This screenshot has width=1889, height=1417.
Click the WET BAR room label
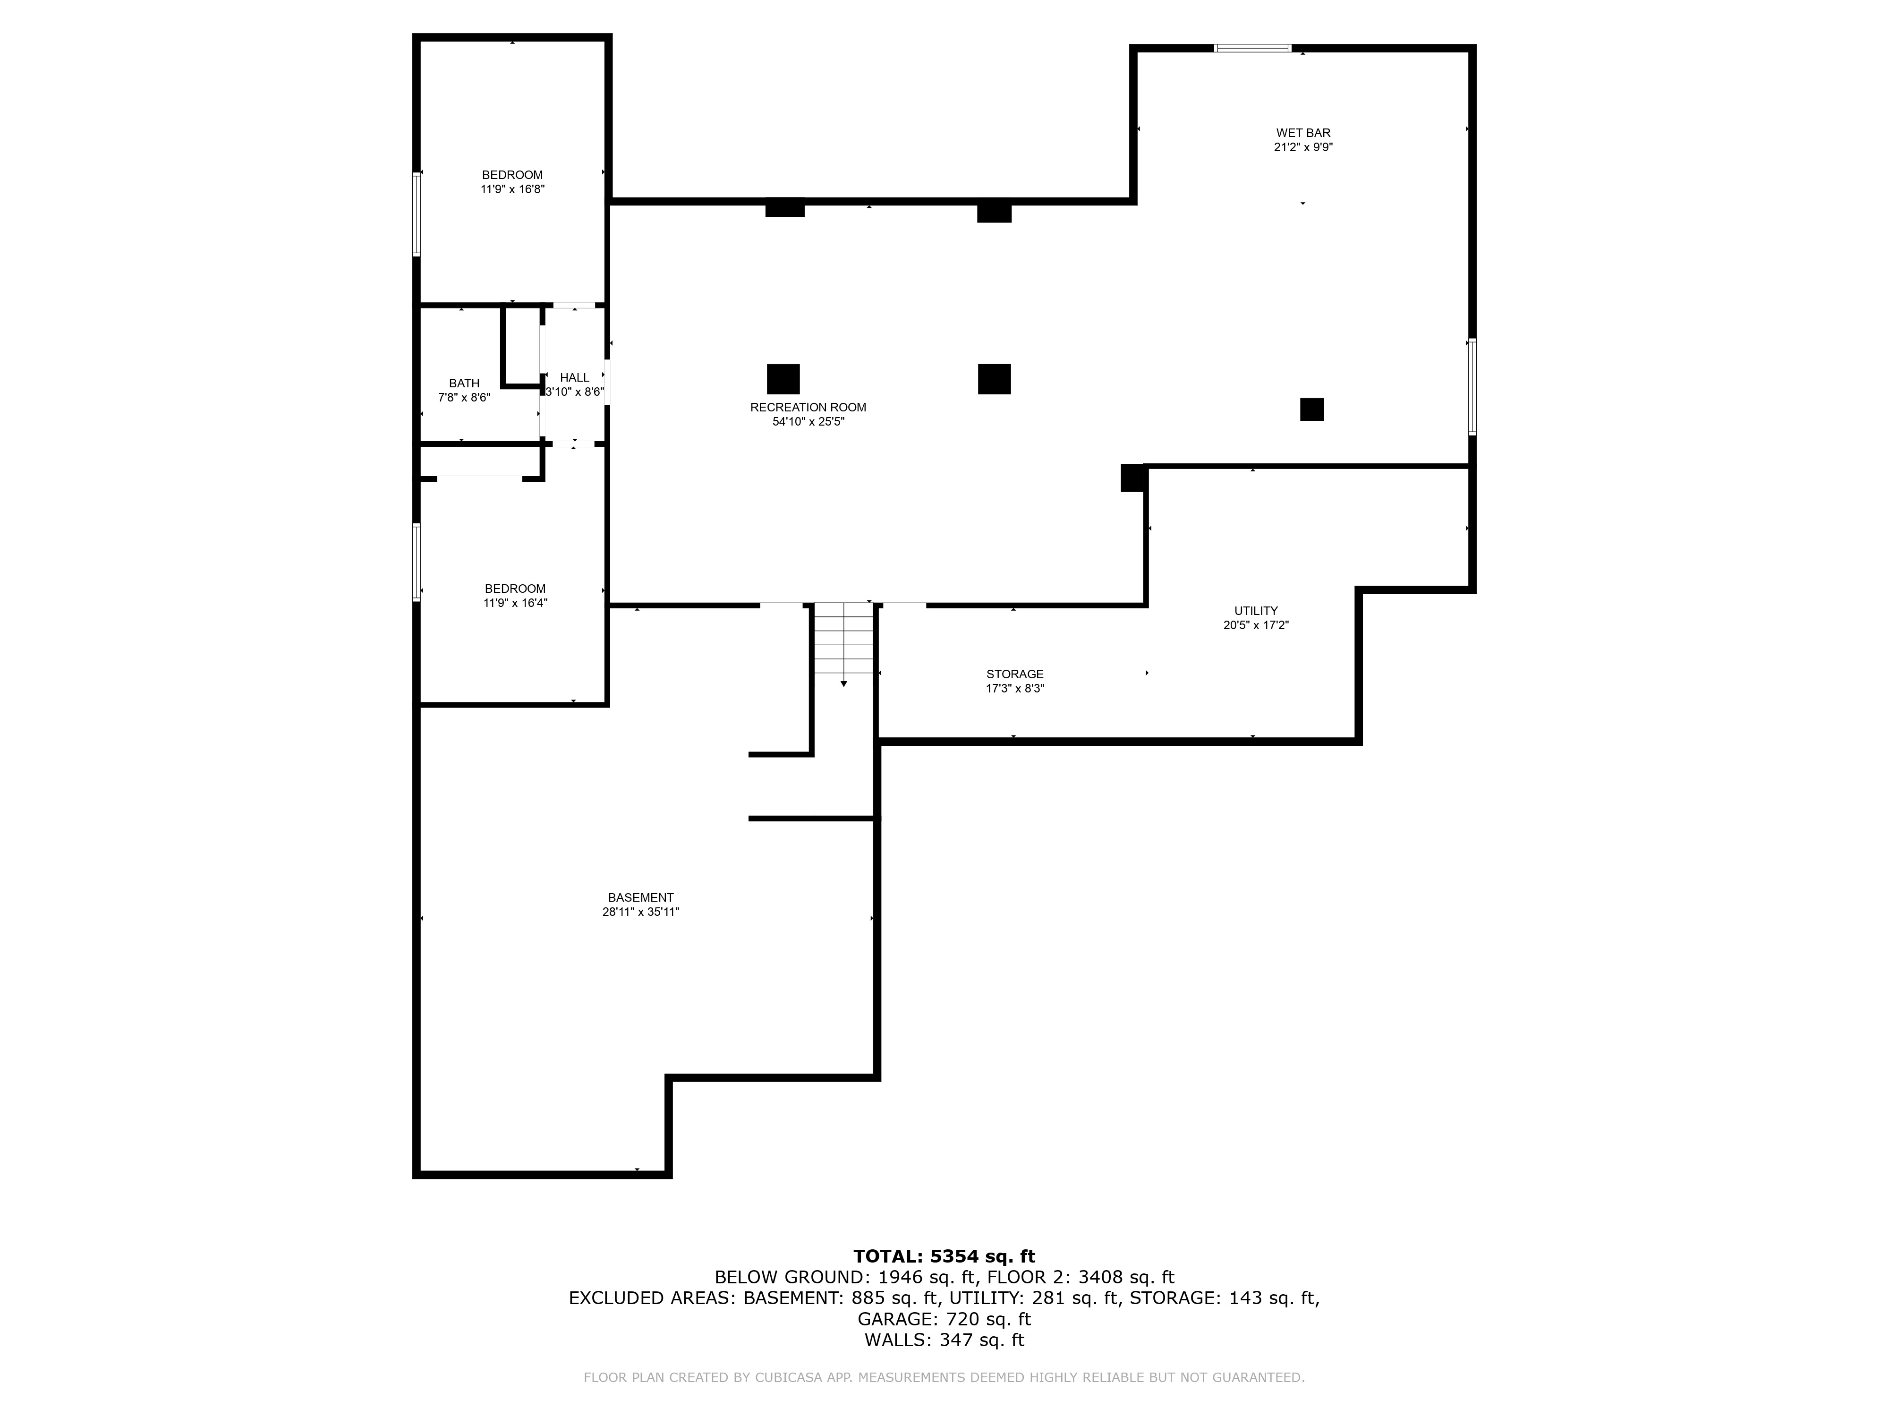(x=1303, y=132)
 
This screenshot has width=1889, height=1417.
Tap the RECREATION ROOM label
(x=808, y=408)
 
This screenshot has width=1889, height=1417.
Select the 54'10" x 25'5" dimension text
(x=808, y=422)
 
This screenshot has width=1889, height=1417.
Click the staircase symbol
(x=843, y=645)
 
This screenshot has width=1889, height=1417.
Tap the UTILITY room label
(x=1255, y=611)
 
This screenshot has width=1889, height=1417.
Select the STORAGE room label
(x=1014, y=674)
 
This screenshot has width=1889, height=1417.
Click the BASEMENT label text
(x=640, y=898)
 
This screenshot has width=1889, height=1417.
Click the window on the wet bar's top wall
(x=1253, y=48)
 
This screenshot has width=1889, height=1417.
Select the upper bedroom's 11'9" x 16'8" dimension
(x=512, y=189)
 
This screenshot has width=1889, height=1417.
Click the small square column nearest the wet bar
(x=1312, y=409)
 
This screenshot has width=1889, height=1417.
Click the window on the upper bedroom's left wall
(x=417, y=213)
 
